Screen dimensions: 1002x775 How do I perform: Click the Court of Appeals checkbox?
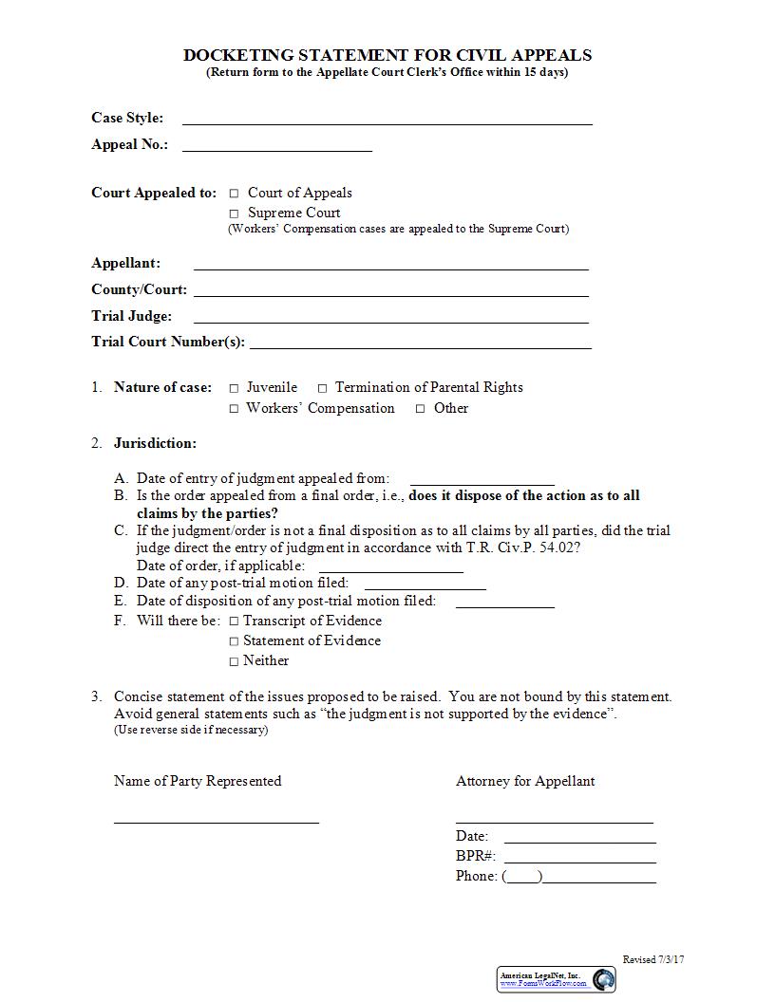(x=234, y=194)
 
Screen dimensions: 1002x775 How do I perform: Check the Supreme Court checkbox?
(x=234, y=213)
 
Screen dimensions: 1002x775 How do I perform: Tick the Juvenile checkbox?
(x=234, y=388)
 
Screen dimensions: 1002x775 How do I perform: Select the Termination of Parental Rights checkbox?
(x=322, y=388)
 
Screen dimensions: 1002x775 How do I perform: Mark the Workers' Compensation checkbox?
(x=234, y=409)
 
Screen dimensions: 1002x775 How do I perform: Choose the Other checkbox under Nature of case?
(x=420, y=409)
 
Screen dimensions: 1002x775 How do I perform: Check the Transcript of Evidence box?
(x=234, y=622)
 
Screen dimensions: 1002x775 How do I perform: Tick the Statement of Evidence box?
(x=234, y=641)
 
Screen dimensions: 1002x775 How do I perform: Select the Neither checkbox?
(x=234, y=661)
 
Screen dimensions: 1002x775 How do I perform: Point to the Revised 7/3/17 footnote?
(x=653, y=959)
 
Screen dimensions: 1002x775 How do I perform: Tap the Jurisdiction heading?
(x=155, y=443)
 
